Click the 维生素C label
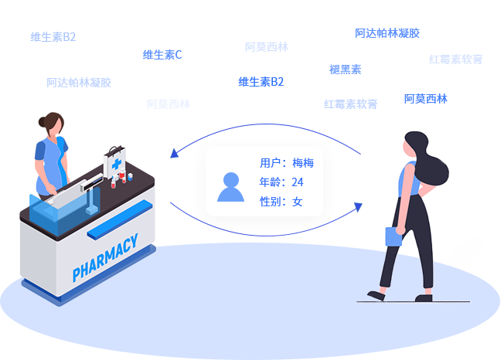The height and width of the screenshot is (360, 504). pos(162,55)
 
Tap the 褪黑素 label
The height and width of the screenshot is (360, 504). pos(345,70)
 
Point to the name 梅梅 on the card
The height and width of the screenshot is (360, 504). pos(302,163)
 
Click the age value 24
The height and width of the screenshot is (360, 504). pos(298,182)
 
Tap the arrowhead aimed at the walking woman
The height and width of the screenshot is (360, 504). pos(357,207)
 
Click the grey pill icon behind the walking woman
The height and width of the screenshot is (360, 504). pos(474,260)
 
